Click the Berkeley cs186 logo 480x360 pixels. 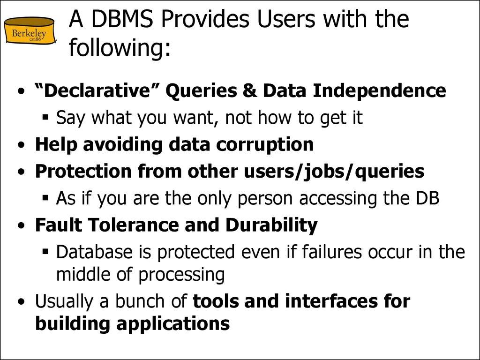pyautogui.click(x=30, y=31)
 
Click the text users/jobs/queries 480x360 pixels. pyautogui.click(x=334, y=172)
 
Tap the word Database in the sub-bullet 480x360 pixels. pyautogui.click(x=94, y=252)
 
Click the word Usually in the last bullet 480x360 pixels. pyautogui.click(x=64, y=301)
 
